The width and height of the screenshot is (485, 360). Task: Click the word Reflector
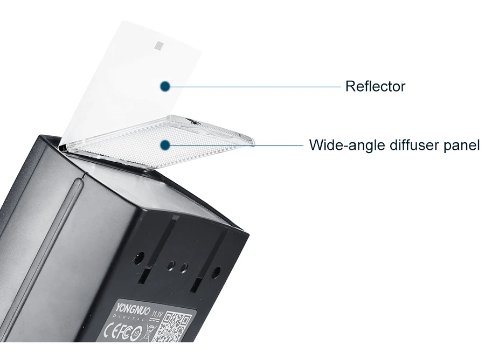pos(375,86)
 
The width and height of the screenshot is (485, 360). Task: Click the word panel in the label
pos(461,146)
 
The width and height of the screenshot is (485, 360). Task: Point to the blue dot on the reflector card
pos(165,86)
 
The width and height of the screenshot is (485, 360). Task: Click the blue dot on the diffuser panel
pos(165,144)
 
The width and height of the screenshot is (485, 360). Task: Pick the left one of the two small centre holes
pos(171,265)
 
